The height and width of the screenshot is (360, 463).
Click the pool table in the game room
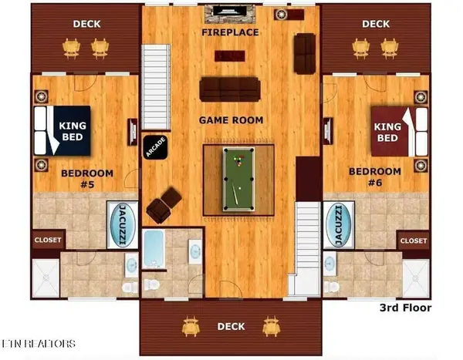238,180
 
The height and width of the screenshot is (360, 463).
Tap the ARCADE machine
156,147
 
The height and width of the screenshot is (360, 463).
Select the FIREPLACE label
230,32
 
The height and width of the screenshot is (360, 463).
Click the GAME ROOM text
231,120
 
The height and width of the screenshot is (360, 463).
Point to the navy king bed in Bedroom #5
63,131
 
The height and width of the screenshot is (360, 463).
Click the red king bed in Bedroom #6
399,132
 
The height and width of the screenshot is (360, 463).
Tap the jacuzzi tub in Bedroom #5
123,224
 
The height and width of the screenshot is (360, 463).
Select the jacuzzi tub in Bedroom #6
339,226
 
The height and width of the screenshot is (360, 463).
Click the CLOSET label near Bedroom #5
48,240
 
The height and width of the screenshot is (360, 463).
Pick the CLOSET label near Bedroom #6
414,241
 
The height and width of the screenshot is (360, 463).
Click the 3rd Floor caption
405,308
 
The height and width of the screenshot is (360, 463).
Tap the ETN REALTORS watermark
38,344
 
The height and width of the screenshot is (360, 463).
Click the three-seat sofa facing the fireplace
230,89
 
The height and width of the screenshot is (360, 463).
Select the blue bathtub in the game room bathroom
154,249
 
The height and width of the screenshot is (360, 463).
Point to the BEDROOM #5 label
87,179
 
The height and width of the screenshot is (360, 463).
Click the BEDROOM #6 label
375,177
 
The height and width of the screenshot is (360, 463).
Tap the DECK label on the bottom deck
231,326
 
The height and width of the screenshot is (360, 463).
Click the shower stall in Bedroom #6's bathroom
416,278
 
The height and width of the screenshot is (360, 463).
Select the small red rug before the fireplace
230,56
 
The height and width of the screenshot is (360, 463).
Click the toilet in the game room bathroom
152,284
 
